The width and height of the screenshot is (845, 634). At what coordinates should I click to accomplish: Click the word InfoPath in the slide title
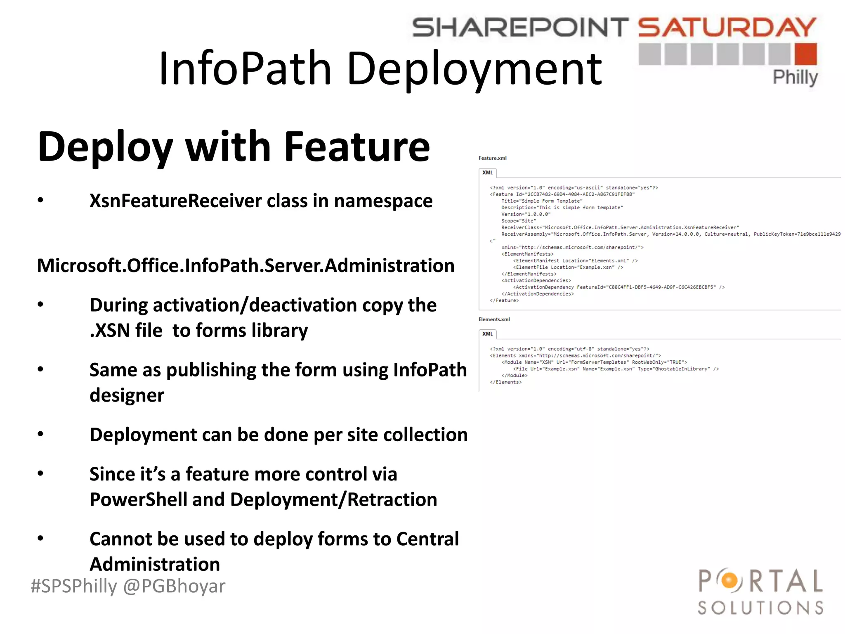(245, 69)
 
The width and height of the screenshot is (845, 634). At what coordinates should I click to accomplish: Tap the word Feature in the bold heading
(357, 147)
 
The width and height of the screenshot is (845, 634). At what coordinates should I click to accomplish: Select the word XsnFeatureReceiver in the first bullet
(175, 201)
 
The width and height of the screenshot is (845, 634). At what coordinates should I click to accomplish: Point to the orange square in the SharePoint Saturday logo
(806, 54)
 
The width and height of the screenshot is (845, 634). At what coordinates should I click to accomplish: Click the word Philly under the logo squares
(795, 78)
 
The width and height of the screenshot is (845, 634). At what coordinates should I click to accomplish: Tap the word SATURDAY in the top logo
(727, 27)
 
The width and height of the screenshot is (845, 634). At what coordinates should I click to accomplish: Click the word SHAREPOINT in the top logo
(520, 27)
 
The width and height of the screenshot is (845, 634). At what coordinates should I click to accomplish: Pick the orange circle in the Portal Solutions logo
(729, 581)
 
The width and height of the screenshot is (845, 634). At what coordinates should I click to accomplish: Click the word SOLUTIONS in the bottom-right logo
(760, 608)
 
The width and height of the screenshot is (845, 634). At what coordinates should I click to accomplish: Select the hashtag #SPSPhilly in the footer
(74, 586)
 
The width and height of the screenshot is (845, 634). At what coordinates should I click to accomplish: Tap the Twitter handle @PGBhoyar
(174, 586)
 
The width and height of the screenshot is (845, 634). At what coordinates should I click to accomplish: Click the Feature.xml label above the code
(492, 158)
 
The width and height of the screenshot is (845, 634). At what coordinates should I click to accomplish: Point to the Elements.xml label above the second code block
(494, 319)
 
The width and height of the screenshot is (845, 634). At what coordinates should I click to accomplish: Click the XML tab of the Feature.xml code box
(488, 173)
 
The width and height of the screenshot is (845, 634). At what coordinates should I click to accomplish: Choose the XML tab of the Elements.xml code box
(488, 334)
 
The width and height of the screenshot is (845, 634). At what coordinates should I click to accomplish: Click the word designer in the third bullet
(127, 395)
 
